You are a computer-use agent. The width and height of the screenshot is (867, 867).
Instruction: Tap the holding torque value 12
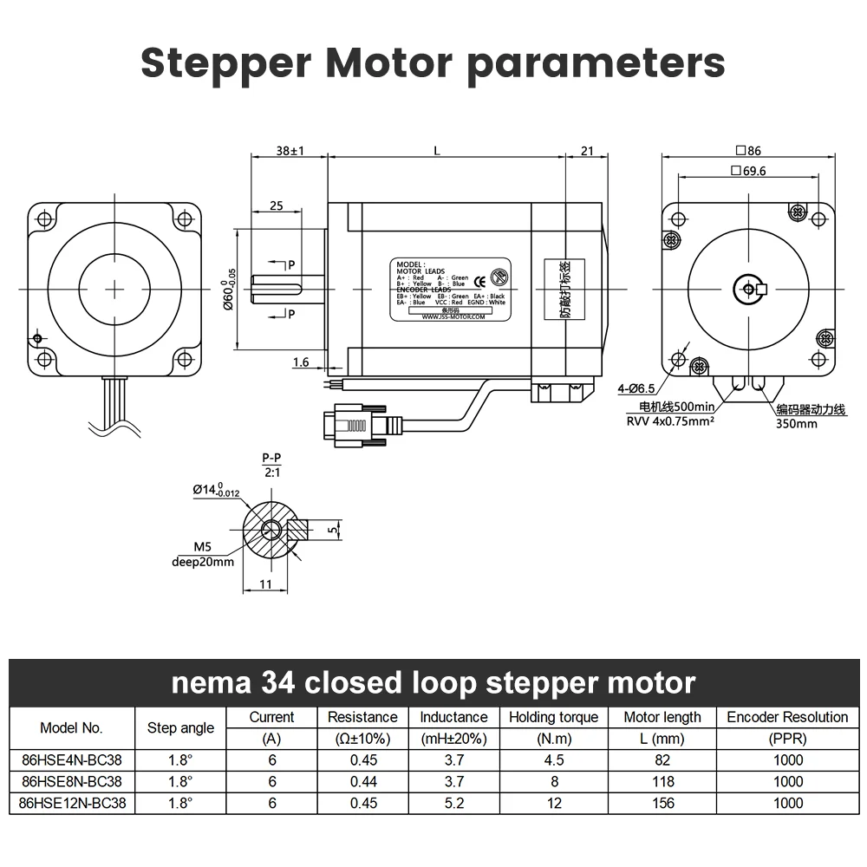pyautogui.click(x=553, y=803)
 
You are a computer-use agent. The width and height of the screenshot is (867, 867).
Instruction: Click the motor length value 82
pyautogui.click(x=662, y=760)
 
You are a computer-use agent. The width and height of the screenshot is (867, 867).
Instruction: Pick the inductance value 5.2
pyautogui.click(x=453, y=803)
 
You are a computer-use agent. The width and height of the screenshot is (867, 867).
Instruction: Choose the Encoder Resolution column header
pyautogui.click(x=787, y=717)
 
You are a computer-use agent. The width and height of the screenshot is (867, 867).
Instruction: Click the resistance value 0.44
pyautogui.click(x=362, y=781)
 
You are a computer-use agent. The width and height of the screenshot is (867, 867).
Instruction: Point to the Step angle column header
pyautogui.click(x=180, y=727)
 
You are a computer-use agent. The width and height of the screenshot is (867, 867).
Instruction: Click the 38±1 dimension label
pyautogui.click(x=290, y=151)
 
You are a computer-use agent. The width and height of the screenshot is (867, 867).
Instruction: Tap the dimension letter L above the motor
pyautogui.click(x=437, y=151)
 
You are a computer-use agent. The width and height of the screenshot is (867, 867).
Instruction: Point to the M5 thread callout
pyautogui.click(x=204, y=547)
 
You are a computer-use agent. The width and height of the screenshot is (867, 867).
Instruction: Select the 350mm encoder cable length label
pyautogui.click(x=796, y=424)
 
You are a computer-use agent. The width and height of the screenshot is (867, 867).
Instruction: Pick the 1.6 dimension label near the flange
pyautogui.click(x=300, y=362)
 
